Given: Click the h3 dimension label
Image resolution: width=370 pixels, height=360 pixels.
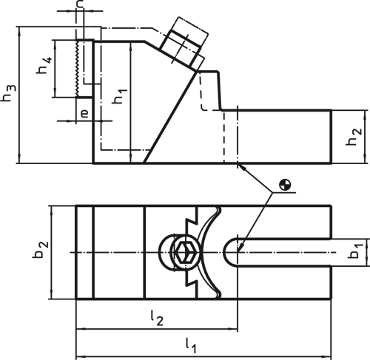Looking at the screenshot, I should (9, 94).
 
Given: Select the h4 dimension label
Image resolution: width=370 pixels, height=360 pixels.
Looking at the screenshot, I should (44, 68).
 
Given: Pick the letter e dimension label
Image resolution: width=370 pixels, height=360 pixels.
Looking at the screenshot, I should (84, 113).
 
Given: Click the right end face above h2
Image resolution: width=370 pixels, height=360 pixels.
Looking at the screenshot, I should (331, 136).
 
